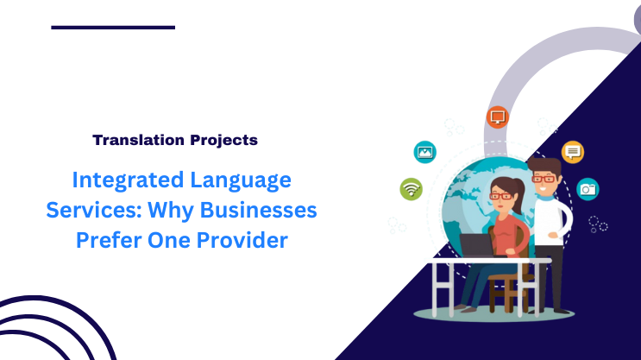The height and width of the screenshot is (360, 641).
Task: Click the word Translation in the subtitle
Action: (135, 139)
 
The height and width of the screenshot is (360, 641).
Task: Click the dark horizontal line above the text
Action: (113, 28)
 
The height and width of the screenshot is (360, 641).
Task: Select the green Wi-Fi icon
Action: (411, 188)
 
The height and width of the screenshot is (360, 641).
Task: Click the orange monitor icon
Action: (497, 117)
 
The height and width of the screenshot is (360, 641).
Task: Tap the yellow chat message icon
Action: (573, 152)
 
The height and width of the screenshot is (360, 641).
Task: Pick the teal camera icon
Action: (588, 188)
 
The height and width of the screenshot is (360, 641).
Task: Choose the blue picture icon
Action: (424, 152)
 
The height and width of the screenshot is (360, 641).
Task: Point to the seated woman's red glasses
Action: (500, 195)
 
